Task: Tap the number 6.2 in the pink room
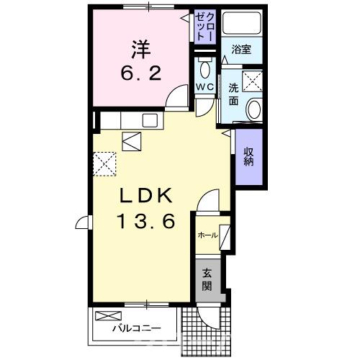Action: pyautogui.click(x=140, y=73)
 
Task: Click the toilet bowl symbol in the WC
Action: pyautogui.click(x=204, y=69)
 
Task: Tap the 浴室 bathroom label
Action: pyautogui.click(x=241, y=50)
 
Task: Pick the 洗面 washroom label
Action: pyautogui.click(x=234, y=94)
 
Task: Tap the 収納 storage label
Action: pyautogui.click(x=248, y=156)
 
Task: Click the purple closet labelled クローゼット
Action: pyautogui.click(x=204, y=27)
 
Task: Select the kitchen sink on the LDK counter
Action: pyautogui.click(x=152, y=120)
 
